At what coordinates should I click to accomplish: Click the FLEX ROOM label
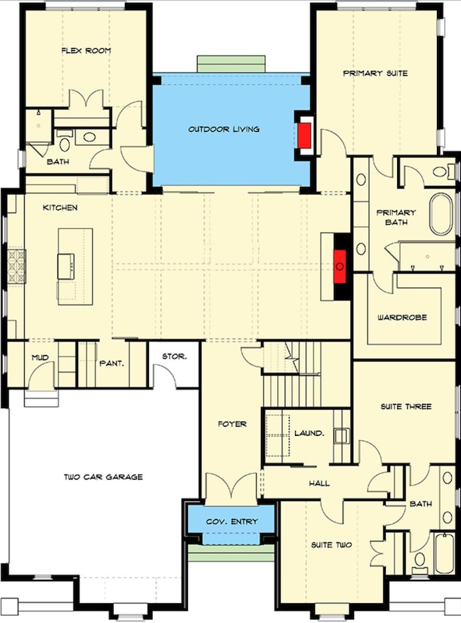[x=85, y=51]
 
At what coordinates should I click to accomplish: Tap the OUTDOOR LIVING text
[x=223, y=130]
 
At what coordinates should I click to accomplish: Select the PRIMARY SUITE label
[x=375, y=73]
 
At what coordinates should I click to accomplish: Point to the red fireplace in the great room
[x=340, y=266]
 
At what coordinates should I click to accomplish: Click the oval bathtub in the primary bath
[x=441, y=213]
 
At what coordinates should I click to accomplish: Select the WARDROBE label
[x=402, y=318]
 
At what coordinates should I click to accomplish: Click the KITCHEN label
[x=60, y=208]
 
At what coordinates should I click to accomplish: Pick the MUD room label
[x=40, y=359]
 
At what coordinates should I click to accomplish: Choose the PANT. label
[x=112, y=362]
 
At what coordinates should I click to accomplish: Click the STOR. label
[x=174, y=357]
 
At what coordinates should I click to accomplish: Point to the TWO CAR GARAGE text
[x=104, y=477]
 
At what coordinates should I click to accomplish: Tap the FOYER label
[x=232, y=425]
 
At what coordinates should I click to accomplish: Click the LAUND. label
[x=309, y=433]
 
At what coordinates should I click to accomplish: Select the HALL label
[x=318, y=483]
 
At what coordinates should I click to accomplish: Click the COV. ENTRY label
[x=231, y=522]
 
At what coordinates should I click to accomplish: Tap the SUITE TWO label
[x=331, y=545]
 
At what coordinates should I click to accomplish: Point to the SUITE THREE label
[x=406, y=407]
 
